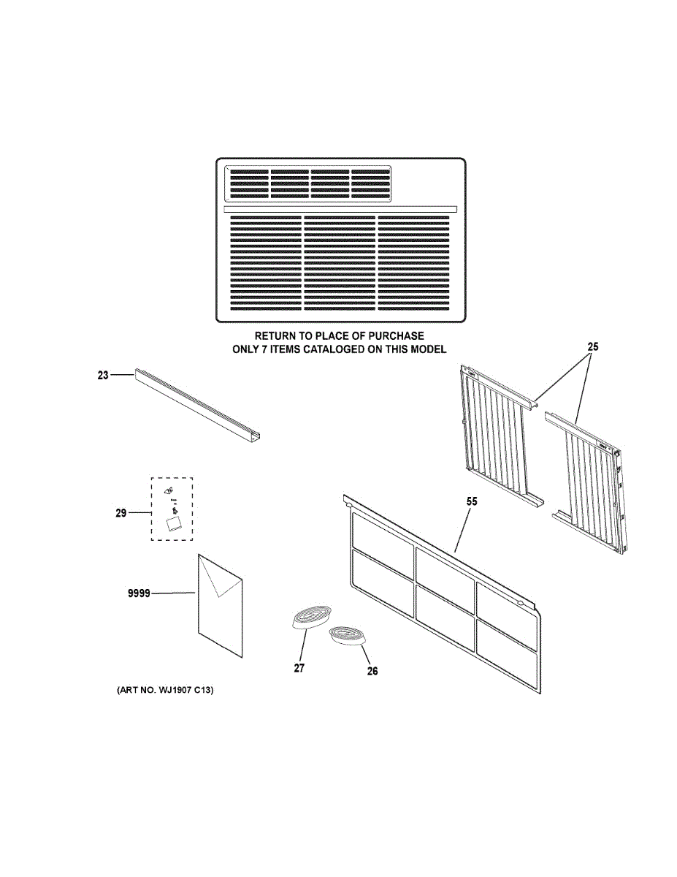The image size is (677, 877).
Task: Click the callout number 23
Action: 102,375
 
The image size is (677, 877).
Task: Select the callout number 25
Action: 592,348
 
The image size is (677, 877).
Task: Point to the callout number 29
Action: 121,513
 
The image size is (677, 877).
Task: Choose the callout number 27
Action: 299,668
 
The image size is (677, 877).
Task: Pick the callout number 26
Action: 372,672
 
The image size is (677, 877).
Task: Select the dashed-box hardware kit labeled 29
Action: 172,509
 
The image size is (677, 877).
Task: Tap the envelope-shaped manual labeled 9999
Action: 219,603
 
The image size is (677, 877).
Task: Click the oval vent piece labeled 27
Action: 310,617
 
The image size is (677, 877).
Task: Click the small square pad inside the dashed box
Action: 174,524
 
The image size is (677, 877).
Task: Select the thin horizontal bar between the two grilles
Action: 340,209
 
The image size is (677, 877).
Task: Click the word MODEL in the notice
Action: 429,349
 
